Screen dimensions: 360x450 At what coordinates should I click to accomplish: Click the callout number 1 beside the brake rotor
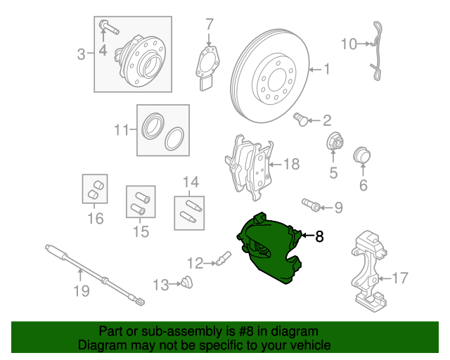click(x=326, y=69)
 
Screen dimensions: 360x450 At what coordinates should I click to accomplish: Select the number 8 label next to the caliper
click(x=319, y=237)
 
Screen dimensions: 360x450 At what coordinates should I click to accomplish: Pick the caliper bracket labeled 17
click(x=368, y=269)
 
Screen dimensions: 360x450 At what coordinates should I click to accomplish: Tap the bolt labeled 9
click(x=311, y=205)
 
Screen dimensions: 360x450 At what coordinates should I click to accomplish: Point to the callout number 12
click(x=195, y=263)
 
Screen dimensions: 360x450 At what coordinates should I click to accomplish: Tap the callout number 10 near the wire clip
click(x=349, y=44)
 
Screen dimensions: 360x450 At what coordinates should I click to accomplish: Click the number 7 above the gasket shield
click(x=209, y=26)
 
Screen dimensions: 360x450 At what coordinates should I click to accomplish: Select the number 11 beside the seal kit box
click(x=122, y=129)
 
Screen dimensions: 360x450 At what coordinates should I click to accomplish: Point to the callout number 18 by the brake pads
click(x=291, y=165)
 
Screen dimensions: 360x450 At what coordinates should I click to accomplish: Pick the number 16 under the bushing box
click(x=95, y=219)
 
